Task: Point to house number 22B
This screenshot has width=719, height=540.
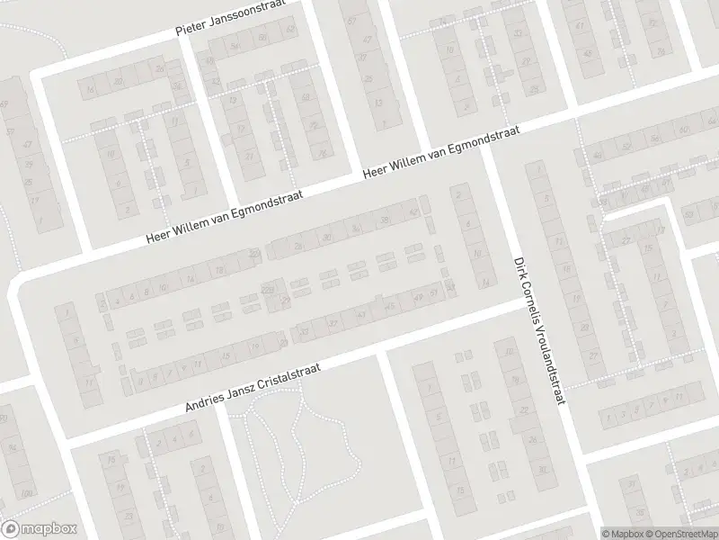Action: click(267, 288)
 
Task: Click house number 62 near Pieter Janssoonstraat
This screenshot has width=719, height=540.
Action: click(290, 30)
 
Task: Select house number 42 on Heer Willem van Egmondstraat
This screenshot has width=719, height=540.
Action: click(413, 213)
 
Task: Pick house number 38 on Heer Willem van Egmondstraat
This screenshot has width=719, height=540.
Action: click(385, 220)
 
